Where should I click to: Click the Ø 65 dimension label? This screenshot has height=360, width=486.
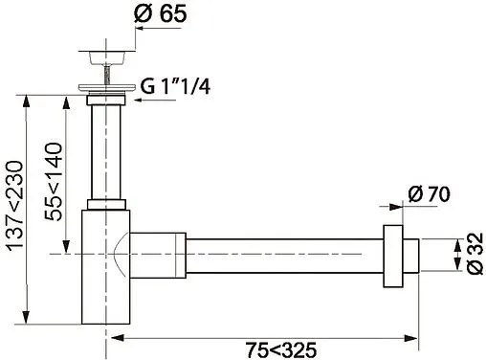point(160,13)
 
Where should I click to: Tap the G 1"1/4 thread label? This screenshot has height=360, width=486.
point(175,86)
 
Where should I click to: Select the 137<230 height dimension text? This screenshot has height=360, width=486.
point(14,205)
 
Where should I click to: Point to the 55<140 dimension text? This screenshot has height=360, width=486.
point(53,182)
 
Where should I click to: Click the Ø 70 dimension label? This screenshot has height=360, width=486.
point(429,193)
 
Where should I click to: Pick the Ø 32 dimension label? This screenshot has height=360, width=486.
point(475,254)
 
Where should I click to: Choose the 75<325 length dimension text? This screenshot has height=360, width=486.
point(281,350)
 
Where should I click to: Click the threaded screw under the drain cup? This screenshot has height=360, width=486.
point(106,75)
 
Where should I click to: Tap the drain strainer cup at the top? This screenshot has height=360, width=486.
point(106,57)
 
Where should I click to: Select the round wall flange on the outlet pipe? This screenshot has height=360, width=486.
point(393,257)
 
